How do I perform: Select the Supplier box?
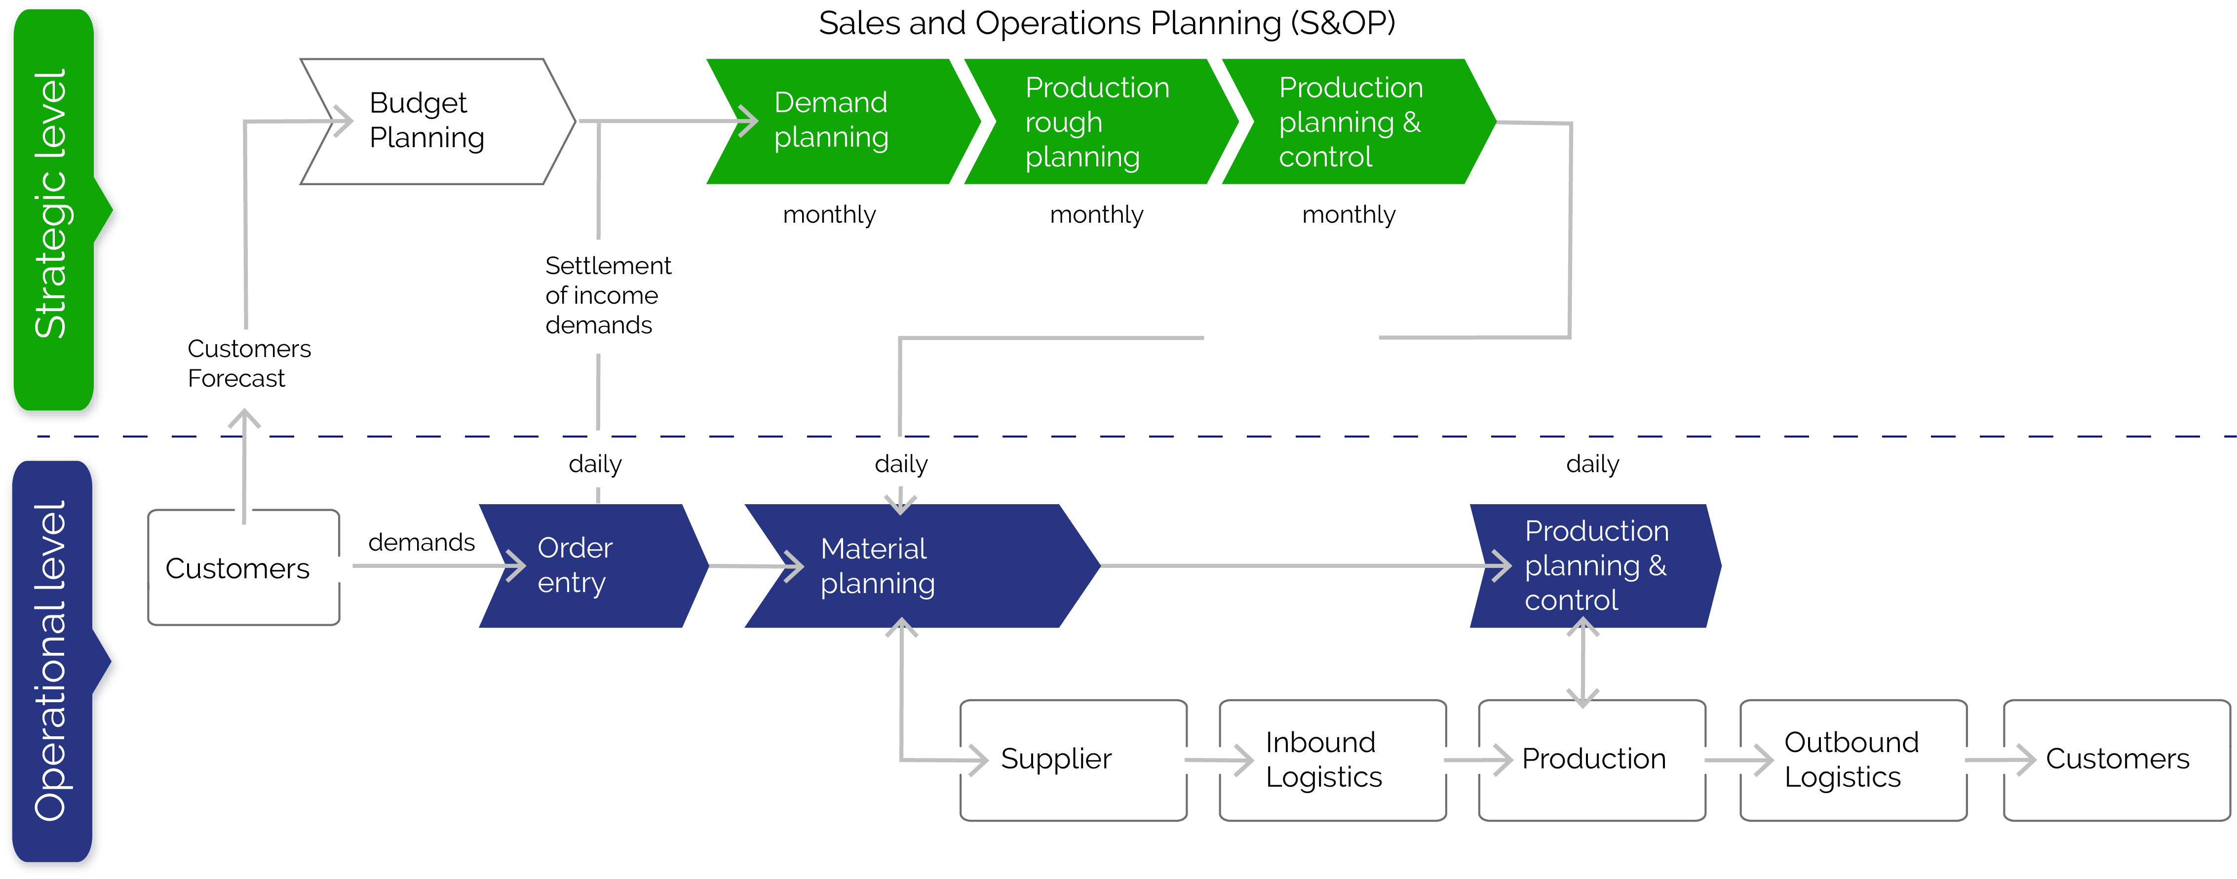pyautogui.click(x=1074, y=760)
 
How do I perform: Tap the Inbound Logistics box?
pyautogui.click(x=1333, y=760)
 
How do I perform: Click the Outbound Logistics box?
pyautogui.click(x=1853, y=760)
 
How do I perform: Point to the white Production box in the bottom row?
pyautogui.click(x=1592, y=760)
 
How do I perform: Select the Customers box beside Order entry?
pyautogui.click(x=243, y=567)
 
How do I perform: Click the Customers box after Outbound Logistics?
pyautogui.click(x=2116, y=760)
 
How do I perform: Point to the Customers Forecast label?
pyautogui.click(x=249, y=363)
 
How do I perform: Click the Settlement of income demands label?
pyautogui.click(x=608, y=295)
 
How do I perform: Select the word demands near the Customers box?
pyautogui.click(x=421, y=542)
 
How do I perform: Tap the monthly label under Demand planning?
pyautogui.click(x=829, y=214)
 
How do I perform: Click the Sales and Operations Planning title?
pyautogui.click(x=1107, y=23)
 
